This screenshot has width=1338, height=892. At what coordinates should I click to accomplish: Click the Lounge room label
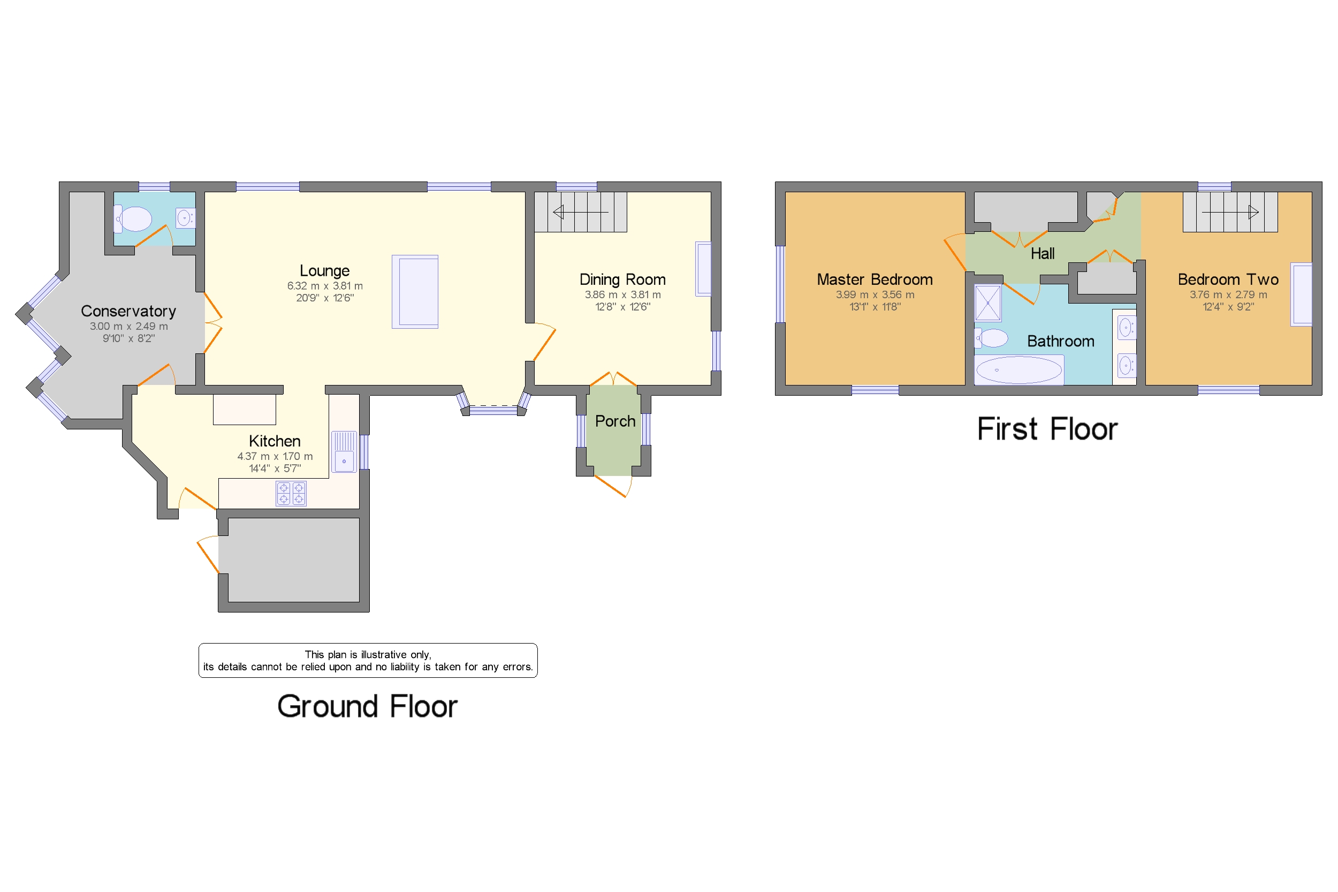click(324, 271)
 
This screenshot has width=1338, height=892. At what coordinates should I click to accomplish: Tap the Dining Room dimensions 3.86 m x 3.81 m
click(622, 294)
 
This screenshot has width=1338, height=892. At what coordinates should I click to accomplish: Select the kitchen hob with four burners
click(291, 493)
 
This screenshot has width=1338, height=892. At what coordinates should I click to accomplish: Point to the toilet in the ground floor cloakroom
click(135, 219)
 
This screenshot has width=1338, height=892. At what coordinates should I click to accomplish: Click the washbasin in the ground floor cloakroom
click(185, 218)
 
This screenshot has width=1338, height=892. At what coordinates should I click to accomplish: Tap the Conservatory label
click(128, 311)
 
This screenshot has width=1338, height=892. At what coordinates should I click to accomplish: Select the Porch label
click(615, 421)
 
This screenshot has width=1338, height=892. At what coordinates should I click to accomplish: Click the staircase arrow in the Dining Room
click(580, 212)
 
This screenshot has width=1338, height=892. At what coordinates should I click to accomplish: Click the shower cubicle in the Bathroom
click(988, 303)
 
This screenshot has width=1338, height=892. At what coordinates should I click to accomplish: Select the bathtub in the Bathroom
click(1018, 370)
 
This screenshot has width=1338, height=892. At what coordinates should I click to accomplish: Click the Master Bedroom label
click(874, 279)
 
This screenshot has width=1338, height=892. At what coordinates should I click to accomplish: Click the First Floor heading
click(1046, 429)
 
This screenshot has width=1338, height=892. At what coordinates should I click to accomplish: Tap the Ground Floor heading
click(367, 707)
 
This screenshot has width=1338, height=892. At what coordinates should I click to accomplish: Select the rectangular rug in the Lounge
click(415, 292)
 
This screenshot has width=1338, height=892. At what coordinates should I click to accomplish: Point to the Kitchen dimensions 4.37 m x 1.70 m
click(275, 456)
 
